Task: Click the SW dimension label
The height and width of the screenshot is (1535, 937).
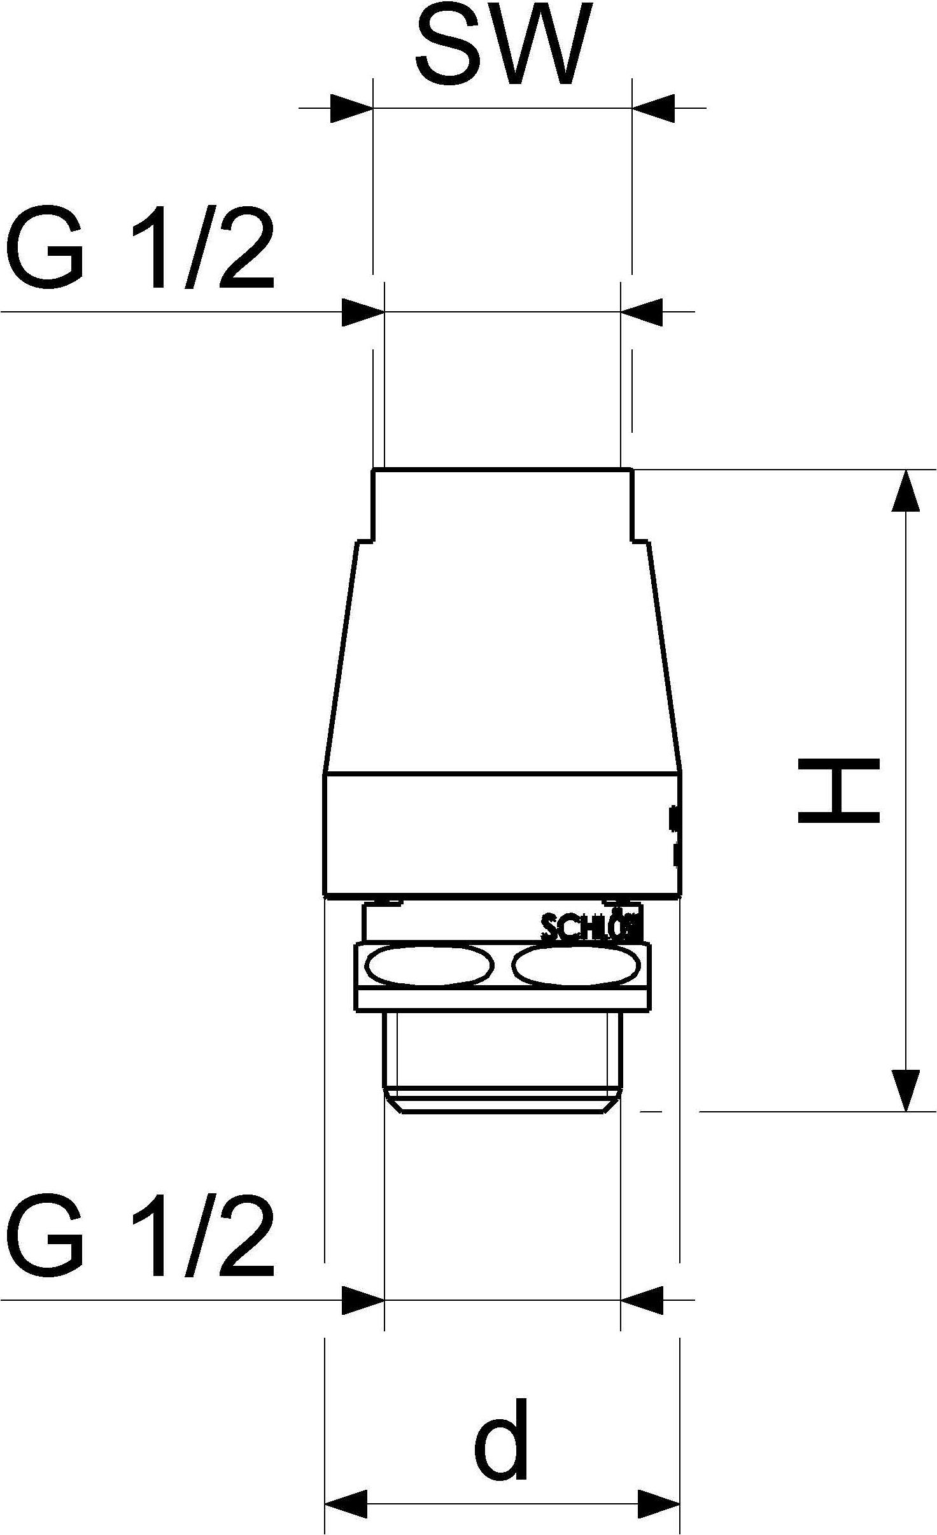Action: pyautogui.click(x=500, y=46)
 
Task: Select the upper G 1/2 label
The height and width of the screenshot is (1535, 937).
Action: pyautogui.click(x=140, y=249)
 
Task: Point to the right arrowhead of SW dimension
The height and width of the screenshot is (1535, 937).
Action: pyautogui.click(x=653, y=108)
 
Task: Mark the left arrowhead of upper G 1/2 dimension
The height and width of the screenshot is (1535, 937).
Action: pyautogui.click(x=363, y=312)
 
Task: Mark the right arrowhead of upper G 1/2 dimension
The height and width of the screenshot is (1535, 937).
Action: pyautogui.click(x=642, y=312)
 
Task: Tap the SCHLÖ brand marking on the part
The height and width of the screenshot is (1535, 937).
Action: pyautogui.click(x=591, y=929)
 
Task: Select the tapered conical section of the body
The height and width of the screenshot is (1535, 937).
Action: pyautogui.click(x=503, y=655)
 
